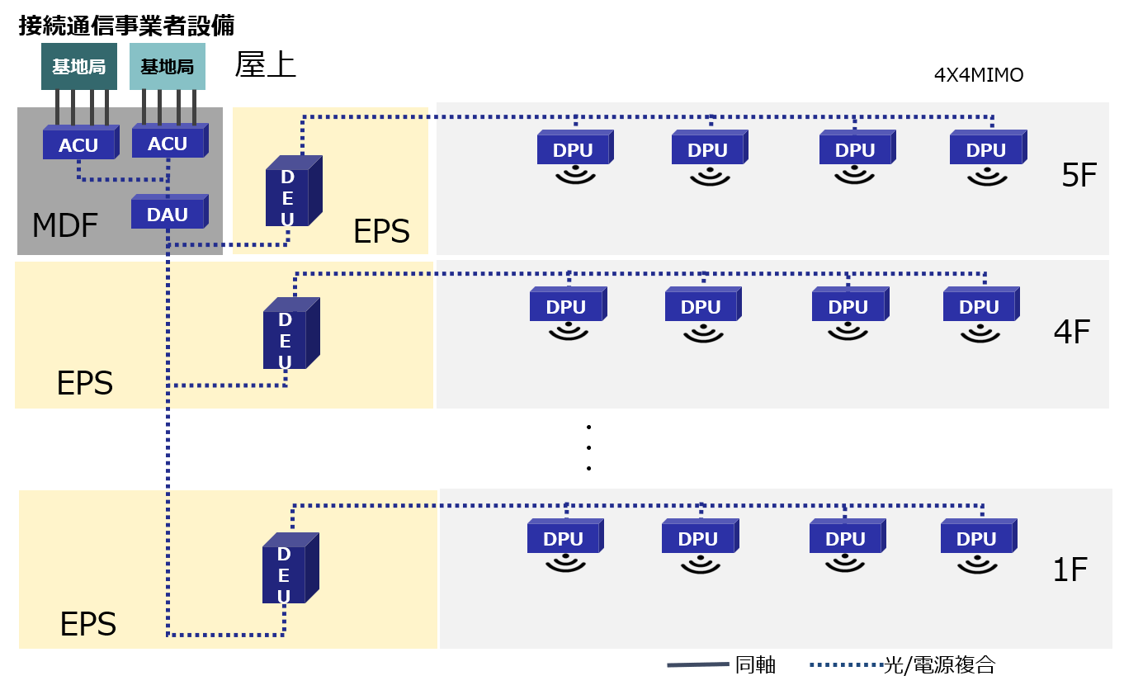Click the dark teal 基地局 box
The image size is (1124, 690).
click(x=79, y=67)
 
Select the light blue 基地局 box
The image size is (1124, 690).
click(x=168, y=67)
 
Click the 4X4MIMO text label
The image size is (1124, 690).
click(x=979, y=75)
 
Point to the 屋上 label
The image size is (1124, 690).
click(x=265, y=65)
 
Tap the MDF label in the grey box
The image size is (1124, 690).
click(x=64, y=225)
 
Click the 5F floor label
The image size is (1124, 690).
click(x=1079, y=176)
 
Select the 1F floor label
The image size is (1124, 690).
click(x=1070, y=569)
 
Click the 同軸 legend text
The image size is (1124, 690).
click(x=755, y=664)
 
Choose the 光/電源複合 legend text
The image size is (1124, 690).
click(x=939, y=664)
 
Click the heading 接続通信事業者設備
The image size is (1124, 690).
click(x=126, y=26)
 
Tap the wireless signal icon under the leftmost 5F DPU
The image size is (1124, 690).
click(x=574, y=175)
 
